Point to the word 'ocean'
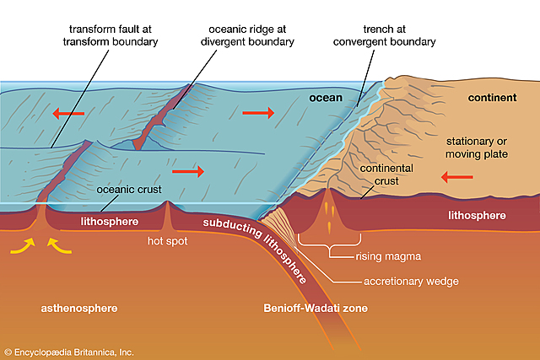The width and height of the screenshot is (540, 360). (326, 99)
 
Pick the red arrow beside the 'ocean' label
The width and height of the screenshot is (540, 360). (257, 112)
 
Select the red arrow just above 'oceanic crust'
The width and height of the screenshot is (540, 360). (192, 172)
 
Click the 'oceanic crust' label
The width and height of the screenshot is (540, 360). (128, 189)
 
